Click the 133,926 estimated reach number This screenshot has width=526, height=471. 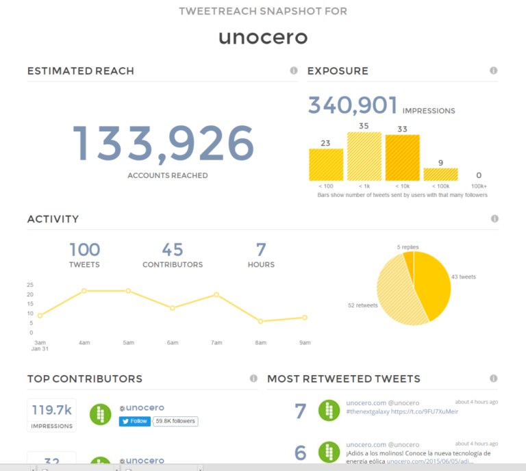[163, 144]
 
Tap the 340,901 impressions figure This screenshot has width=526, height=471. [353, 105]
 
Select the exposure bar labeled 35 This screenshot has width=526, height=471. [364, 156]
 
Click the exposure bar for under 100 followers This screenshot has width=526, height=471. [326, 164]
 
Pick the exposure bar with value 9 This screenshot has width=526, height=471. [440, 174]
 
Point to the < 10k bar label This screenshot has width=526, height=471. [402, 186]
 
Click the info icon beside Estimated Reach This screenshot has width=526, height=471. [294, 71]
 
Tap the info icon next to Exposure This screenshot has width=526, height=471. [493, 71]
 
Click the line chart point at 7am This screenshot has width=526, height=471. [216, 294]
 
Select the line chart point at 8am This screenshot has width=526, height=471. [261, 321]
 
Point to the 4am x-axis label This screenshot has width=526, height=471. [84, 342]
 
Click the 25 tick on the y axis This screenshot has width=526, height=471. [30, 285]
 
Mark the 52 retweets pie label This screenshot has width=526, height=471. [363, 305]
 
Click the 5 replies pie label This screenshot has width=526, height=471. [408, 247]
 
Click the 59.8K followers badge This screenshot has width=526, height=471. [175, 421]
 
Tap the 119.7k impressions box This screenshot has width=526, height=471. [52, 416]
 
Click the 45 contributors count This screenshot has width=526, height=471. [173, 250]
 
